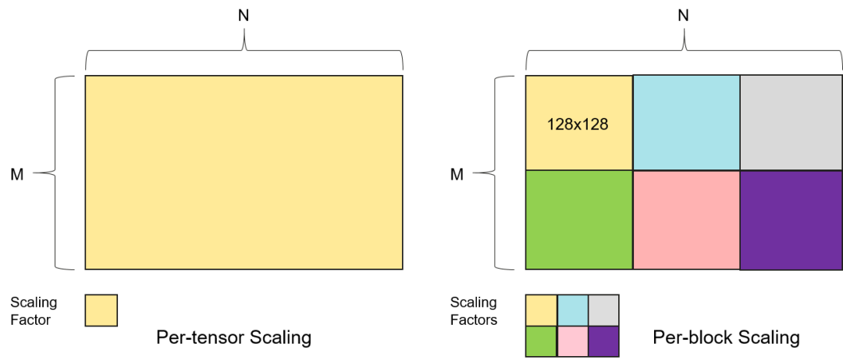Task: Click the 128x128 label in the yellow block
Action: [578, 125]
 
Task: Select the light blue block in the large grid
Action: [687, 123]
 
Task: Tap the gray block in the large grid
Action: [791, 123]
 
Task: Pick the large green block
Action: [579, 219]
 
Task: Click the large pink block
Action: [687, 219]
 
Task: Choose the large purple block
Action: [791, 220]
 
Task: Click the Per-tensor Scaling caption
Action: [234, 338]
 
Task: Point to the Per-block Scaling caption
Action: [726, 338]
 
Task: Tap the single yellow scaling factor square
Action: [101, 310]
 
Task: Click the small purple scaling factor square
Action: [603, 341]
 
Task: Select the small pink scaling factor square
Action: [573, 341]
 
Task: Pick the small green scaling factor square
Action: [542, 341]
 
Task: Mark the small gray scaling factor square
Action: [603, 310]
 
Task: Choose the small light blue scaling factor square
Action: [573, 310]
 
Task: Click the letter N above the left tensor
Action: [244, 16]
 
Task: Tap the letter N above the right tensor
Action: [683, 16]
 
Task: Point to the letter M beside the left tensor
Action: [17, 175]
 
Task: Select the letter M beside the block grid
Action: [457, 175]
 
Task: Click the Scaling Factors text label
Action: [474, 311]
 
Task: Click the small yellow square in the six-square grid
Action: [542, 310]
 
